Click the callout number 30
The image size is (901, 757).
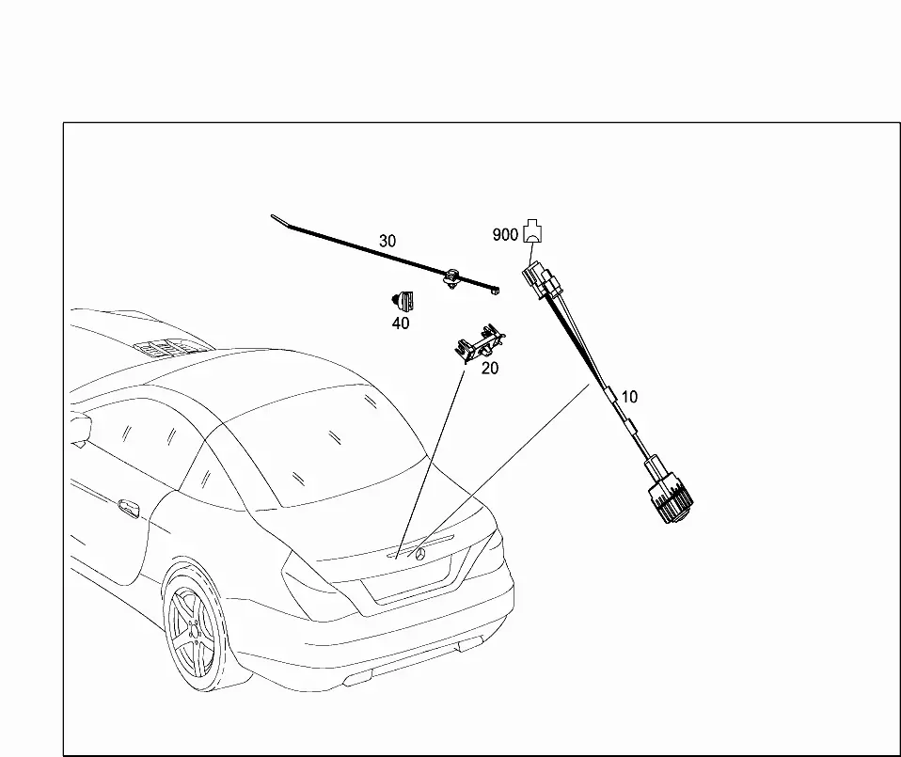point(387,241)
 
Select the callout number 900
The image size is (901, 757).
point(505,234)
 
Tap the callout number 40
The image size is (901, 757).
point(401,323)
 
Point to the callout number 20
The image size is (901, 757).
point(489,369)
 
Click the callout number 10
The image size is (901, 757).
point(629,397)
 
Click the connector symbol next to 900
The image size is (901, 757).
point(534,230)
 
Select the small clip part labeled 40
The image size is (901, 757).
point(403,302)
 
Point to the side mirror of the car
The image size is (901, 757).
point(79,428)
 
